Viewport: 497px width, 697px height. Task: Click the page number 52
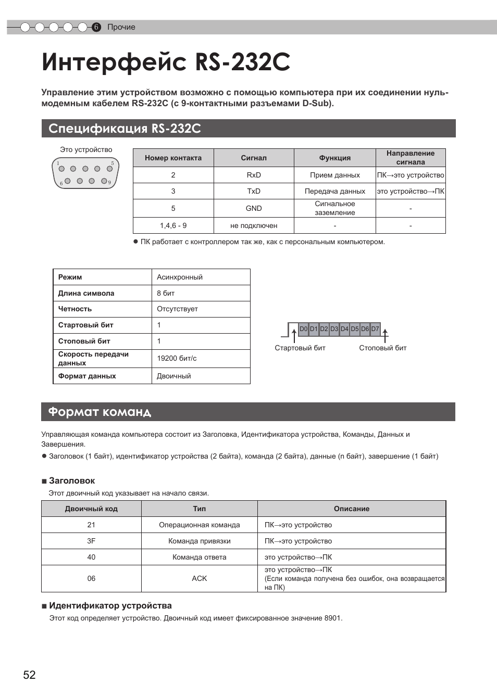[x=29, y=675]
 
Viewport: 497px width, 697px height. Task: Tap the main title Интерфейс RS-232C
[x=166, y=62]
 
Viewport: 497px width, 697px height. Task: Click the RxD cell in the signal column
[x=254, y=175]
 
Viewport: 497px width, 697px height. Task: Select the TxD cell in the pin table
[x=254, y=191]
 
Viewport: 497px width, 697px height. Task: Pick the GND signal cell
[x=254, y=208]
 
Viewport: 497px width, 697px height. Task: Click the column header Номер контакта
[x=173, y=158]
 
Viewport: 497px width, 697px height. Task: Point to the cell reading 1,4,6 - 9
[x=173, y=225]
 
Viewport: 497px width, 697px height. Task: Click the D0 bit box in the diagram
[x=303, y=329]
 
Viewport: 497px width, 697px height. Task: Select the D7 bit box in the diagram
[x=375, y=329]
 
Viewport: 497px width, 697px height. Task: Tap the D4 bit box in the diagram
[x=344, y=329]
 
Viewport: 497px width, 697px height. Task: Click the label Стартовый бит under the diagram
[x=300, y=348]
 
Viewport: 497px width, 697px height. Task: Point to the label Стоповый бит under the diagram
[x=382, y=348]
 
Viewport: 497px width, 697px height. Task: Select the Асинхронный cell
[x=180, y=277]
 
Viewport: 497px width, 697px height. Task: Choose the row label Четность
[x=75, y=309]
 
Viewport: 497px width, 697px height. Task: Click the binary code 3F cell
[x=91, y=541]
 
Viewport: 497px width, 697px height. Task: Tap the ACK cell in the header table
[x=199, y=578]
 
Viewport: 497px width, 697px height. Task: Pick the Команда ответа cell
[x=199, y=557]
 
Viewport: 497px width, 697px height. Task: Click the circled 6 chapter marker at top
[x=96, y=27]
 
